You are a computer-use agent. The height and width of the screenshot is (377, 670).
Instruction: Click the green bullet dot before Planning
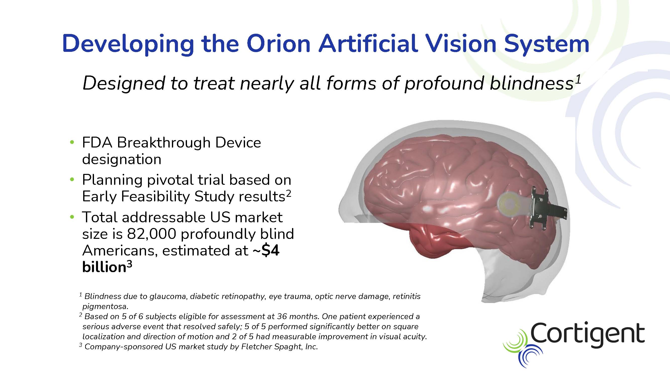72,180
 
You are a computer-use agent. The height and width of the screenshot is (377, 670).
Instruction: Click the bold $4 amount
270,251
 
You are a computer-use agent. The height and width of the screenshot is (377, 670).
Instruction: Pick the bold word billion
104,267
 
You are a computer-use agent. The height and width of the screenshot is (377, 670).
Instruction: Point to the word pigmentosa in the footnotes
105,306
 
